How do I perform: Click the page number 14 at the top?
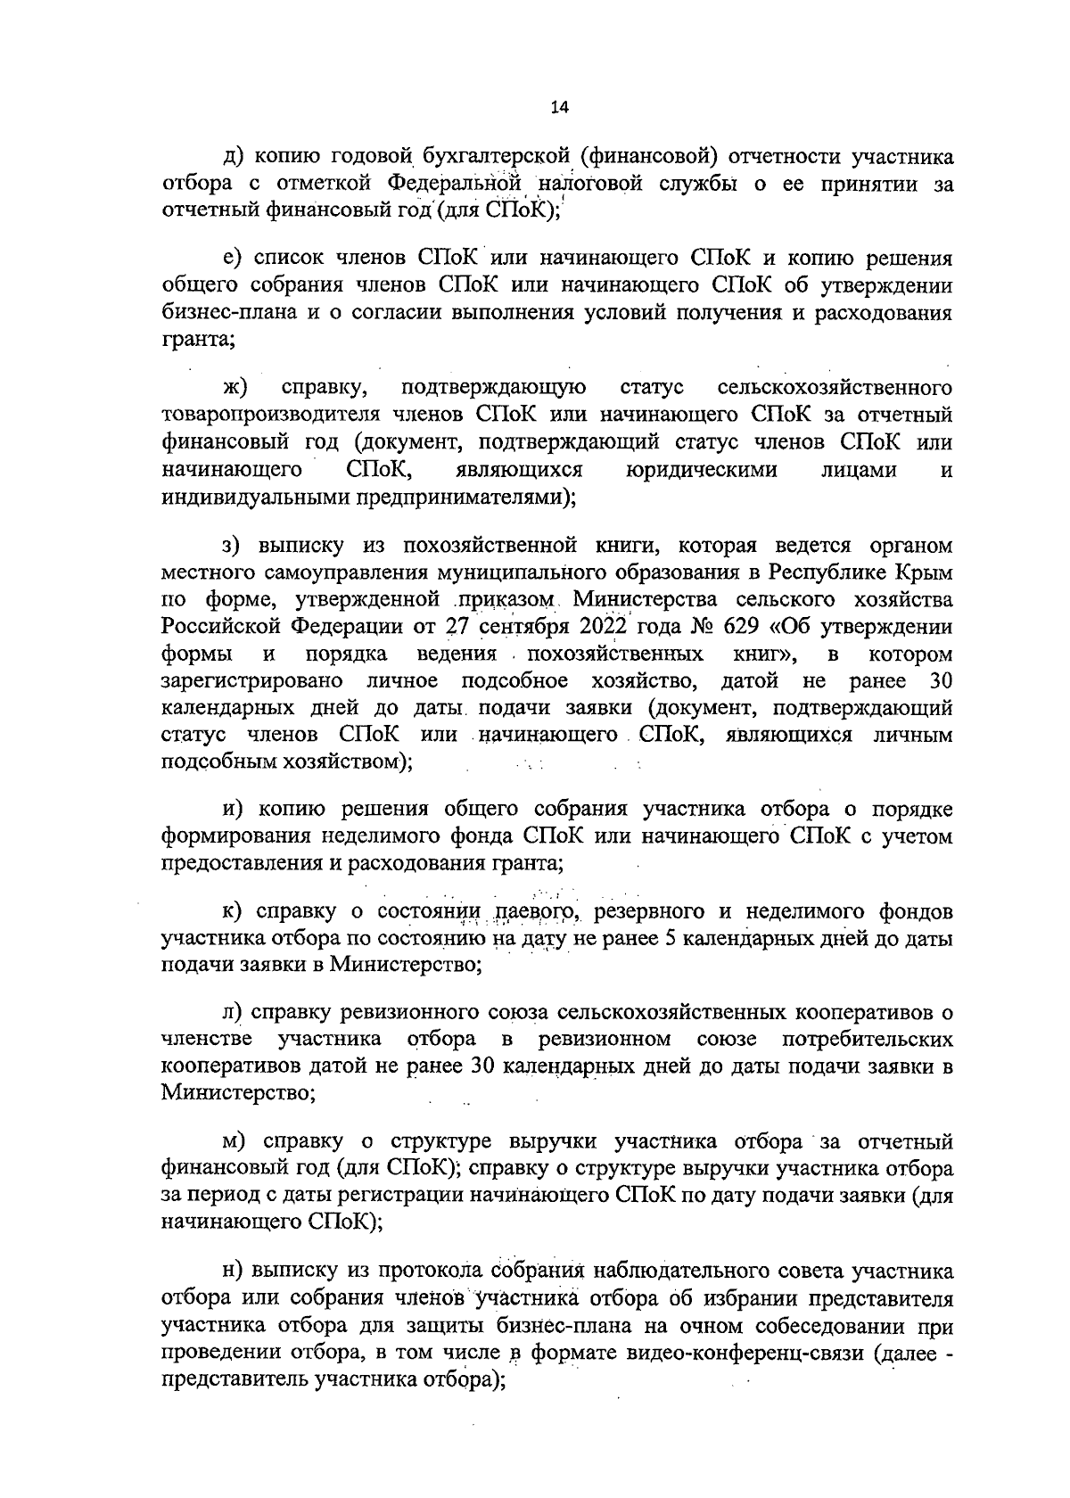point(560,107)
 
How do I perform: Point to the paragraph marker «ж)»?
point(235,388)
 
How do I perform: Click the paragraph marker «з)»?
point(235,545)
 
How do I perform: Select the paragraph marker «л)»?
point(235,1013)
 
